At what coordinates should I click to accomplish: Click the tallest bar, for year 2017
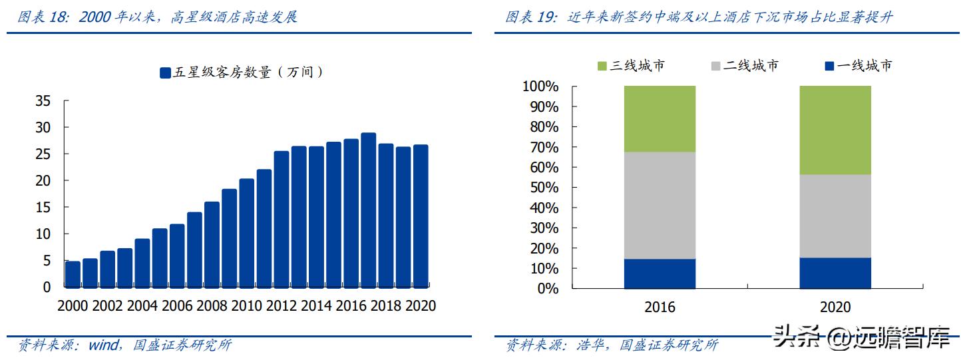pyautogui.click(x=369, y=210)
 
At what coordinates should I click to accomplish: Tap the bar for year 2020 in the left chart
pyautogui.click(x=421, y=216)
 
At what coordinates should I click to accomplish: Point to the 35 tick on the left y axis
pyautogui.click(x=43, y=101)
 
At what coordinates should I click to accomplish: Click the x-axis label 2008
pyautogui.click(x=213, y=305)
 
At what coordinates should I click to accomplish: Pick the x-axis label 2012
pyautogui.click(x=282, y=305)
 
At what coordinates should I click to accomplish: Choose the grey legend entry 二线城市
pyautogui.click(x=744, y=66)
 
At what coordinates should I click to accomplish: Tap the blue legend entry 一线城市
pyautogui.click(x=858, y=66)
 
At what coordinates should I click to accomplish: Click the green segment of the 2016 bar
pyautogui.click(x=660, y=119)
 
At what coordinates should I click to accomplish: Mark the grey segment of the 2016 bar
pyautogui.click(x=660, y=206)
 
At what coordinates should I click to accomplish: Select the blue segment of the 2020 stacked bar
pyautogui.click(x=835, y=273)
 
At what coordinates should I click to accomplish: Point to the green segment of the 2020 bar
pyautogui.click(x=835, y=130)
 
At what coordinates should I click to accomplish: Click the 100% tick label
pyautogui.click(x=540, y=87)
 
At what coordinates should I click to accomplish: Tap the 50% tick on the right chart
pyautogui.click(x=544, y=188)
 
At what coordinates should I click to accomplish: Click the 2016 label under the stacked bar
pyautogui.click(x=660, y=307)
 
